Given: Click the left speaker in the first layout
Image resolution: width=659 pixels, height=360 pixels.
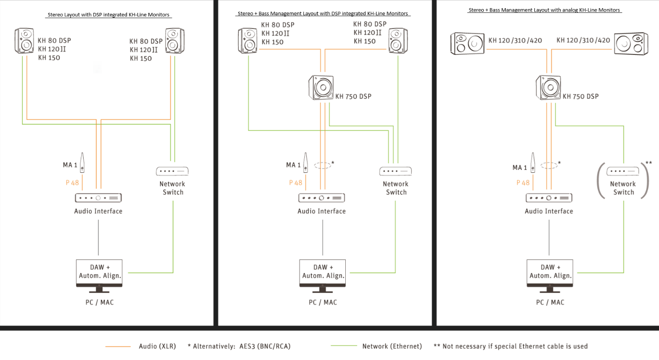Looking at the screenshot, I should pos(24,41).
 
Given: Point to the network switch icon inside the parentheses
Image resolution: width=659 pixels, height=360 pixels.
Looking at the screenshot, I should pos(623,171).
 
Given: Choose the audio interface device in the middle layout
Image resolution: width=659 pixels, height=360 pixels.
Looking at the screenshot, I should pos(321,198).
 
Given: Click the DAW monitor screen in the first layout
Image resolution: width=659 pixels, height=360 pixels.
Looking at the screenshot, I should pos(99,272).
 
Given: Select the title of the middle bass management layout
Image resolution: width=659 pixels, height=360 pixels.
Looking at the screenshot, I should pos(323,13).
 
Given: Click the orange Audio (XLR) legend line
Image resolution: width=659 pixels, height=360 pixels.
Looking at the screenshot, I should pos(117,346).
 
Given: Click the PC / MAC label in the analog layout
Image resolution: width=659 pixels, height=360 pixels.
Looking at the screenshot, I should pos(550,302).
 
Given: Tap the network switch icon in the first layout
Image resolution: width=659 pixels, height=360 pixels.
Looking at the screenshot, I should pos(172,171).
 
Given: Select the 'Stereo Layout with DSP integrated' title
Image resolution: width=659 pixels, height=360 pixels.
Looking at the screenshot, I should pos(109,15).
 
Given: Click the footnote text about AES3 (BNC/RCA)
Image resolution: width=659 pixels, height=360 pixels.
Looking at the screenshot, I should pos(239,346).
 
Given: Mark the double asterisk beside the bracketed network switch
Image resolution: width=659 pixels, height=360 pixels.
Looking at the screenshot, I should pos(648,163).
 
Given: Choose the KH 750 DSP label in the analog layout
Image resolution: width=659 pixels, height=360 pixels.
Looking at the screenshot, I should pos(580,96).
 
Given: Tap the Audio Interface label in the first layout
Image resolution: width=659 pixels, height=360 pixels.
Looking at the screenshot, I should pos(98,211).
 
